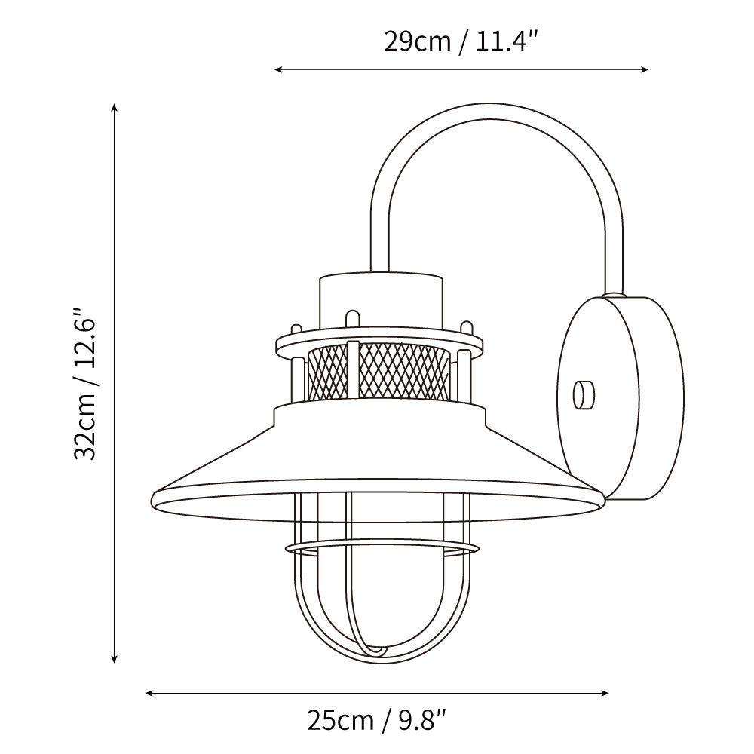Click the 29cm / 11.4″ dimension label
460,42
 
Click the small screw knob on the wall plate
584,395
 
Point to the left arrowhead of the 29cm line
278,69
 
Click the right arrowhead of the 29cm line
645,69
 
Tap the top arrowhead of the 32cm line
114,107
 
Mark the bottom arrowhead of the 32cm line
114,659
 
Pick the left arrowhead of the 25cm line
149,693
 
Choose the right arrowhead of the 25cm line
605,693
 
